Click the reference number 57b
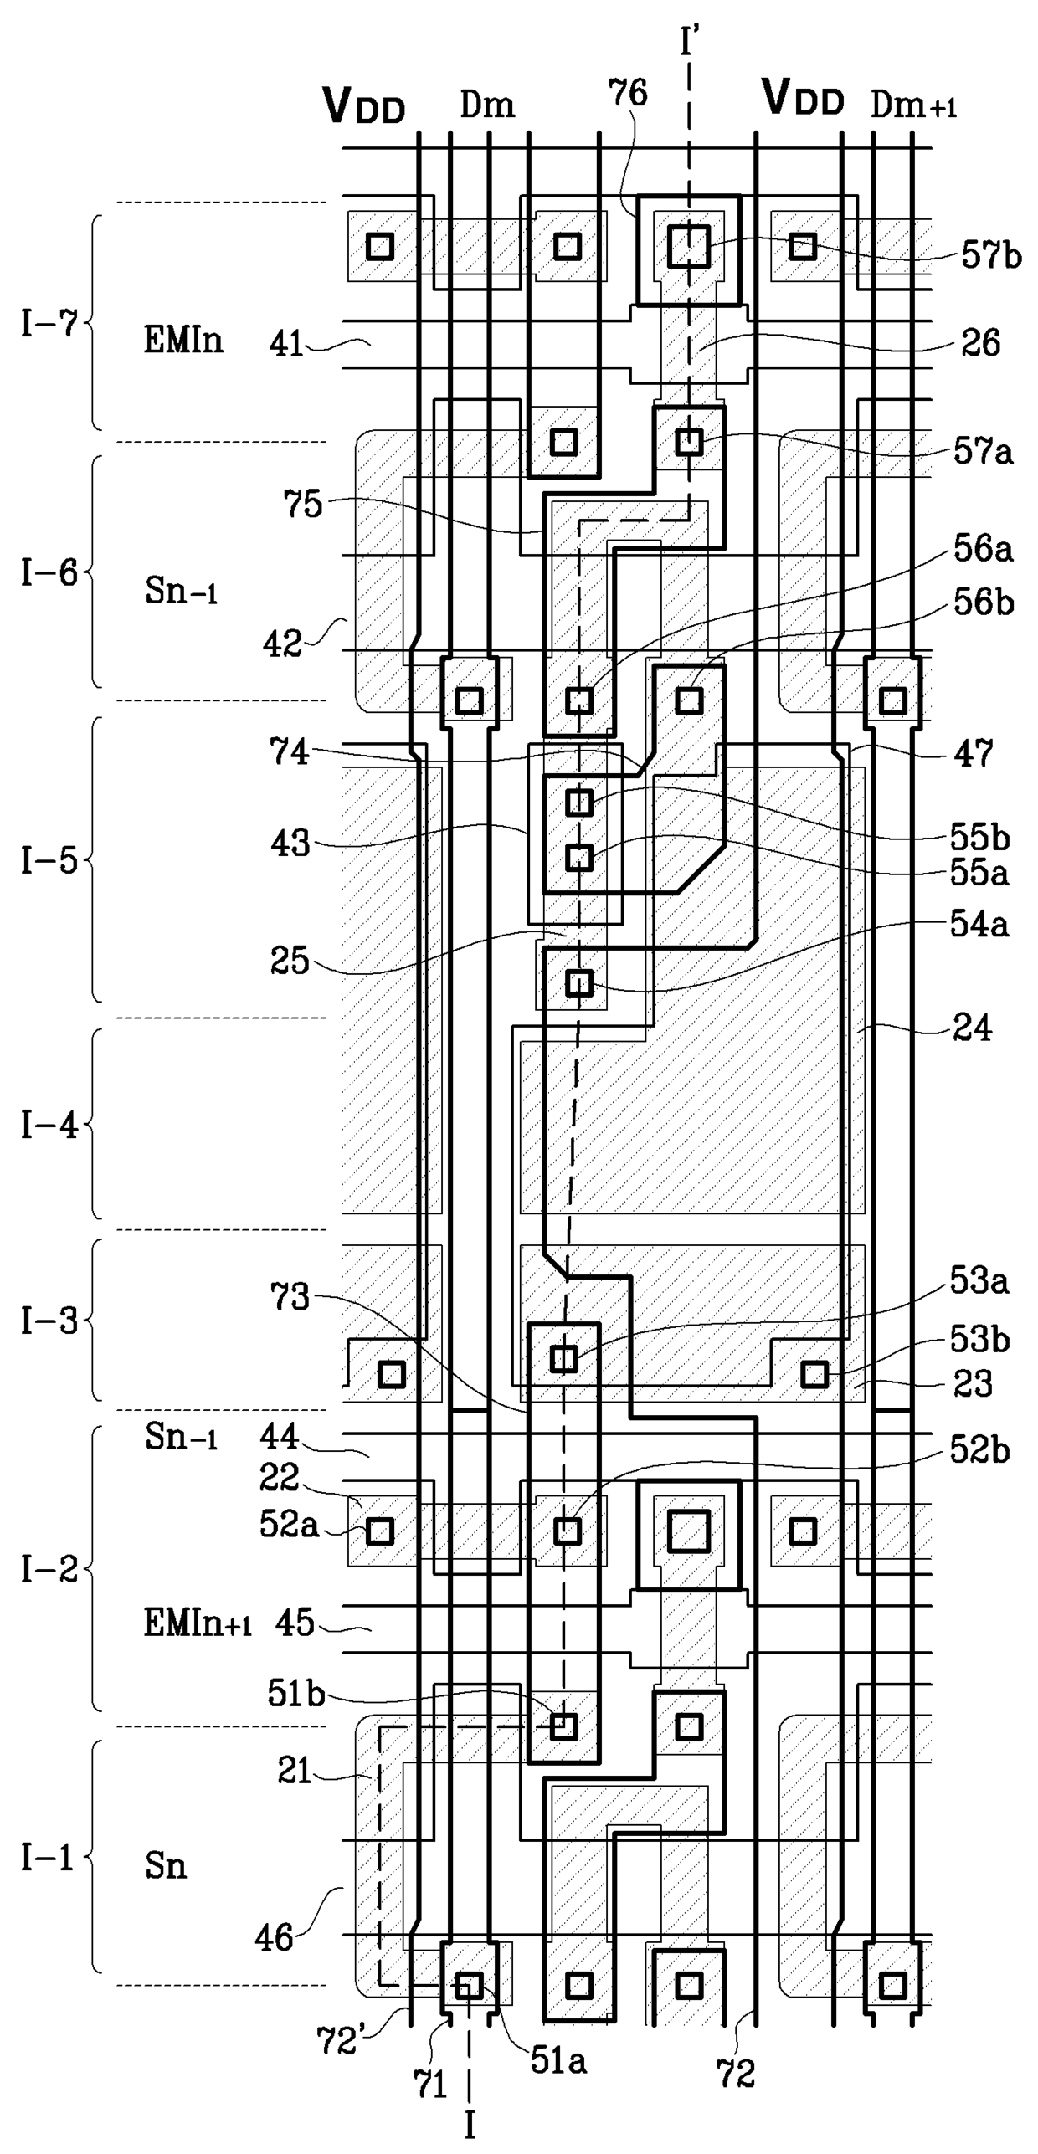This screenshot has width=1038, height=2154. point(991,255)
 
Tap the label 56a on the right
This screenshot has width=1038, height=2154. point(983,549)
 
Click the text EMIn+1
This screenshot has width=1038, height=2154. point(198,1623)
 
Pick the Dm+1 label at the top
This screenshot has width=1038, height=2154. point(913,105)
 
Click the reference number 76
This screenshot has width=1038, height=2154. point(628,93)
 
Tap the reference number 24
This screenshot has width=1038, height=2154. point(972,1028)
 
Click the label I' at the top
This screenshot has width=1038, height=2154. point(690,39)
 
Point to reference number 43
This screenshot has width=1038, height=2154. point(290,843)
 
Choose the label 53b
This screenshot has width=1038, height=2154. point(979,1340)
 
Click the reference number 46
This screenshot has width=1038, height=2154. point(275,1938)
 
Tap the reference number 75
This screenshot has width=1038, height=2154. point(302,504)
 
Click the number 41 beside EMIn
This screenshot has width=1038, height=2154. point(287,344)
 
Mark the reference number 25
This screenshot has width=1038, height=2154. point(290,961)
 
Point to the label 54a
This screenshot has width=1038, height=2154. point(979,925)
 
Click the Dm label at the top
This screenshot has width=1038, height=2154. point(487,105)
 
